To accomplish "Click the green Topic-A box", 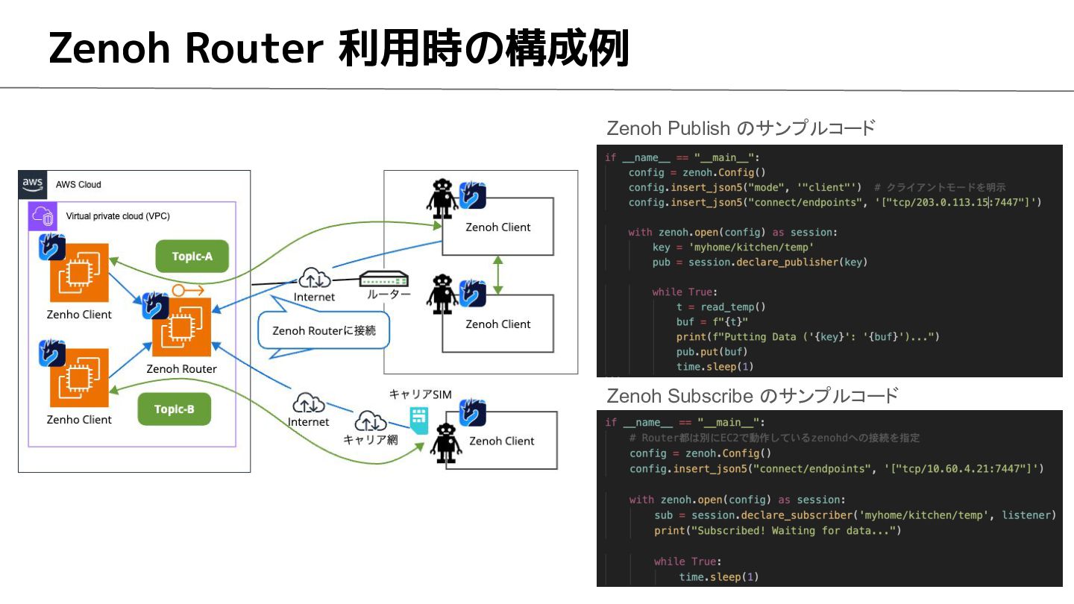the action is click(192, 256).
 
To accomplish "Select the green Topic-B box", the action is click(174, 409).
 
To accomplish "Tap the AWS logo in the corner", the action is click(33, 185).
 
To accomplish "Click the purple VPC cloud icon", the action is click(43, 216).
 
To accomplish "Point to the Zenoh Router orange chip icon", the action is click(181, 327).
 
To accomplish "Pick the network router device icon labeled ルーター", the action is click(383, 279).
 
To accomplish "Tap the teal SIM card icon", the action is click(419, 421).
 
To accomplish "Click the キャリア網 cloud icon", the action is click(370, 421).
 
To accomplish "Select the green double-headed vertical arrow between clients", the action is click(497, 274).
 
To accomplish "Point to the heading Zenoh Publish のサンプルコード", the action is click(741, 128).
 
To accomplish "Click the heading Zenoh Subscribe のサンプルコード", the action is click(753, 396).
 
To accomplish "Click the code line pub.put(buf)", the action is click(712, 352).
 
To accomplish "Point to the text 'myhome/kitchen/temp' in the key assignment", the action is click(751, 248).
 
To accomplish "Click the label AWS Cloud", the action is click(78, 185).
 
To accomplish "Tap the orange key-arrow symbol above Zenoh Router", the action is click(188, 290).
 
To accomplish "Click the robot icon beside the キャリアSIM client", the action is click(446, 443).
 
